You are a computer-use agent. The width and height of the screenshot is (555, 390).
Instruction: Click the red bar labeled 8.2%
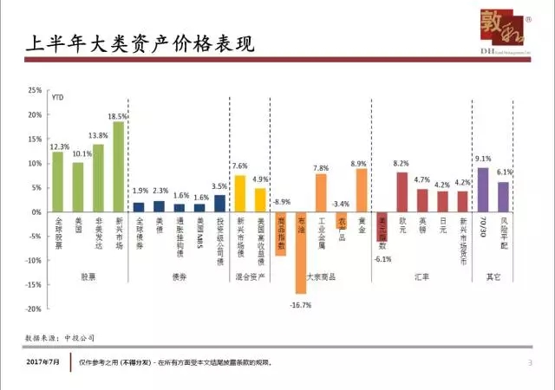click(402, 192)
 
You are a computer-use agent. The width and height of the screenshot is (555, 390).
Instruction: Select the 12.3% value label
click(59, 146)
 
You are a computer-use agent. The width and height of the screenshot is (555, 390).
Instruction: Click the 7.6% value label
click(240, 166)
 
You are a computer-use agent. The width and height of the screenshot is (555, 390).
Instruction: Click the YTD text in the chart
click(58, 98)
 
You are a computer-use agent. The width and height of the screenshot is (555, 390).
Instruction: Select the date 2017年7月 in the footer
click(44, 362)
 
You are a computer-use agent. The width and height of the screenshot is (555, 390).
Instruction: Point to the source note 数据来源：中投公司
click(58, 335)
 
